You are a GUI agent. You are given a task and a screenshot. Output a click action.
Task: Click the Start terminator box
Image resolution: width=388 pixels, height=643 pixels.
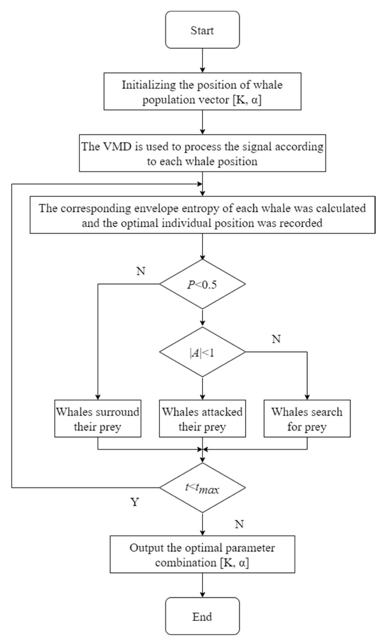pyautogui.click(x=202, y=30)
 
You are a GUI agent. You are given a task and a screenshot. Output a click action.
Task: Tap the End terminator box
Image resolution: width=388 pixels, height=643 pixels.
pyautogui.click(x=202, y=616)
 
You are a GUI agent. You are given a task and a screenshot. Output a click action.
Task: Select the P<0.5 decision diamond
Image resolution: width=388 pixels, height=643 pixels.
pyautogui.click(x=202, y=284)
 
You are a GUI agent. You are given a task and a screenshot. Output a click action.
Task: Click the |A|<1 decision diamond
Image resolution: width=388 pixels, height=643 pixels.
pyautogui.click(x=202, y=352)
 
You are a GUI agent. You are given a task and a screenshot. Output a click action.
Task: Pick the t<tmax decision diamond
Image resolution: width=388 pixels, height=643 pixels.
pyautogui.click(x=202, y=488)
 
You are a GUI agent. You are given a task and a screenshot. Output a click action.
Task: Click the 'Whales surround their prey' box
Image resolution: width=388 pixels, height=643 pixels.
pyautogui.click(x=98, y=419)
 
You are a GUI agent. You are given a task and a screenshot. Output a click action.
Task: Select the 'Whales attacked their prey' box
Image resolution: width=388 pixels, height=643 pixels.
pyautogui.click(x=202, y=419)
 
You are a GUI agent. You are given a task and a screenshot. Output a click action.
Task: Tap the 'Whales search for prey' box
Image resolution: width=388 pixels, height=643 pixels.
pyautogui.click(x=307, y=419)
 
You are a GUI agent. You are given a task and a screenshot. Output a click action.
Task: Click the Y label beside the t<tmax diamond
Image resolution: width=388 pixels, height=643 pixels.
pyautogui.click(x=135, y=502)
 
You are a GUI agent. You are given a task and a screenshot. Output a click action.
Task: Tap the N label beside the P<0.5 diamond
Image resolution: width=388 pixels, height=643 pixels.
pyautogui.click(x=141, y=271)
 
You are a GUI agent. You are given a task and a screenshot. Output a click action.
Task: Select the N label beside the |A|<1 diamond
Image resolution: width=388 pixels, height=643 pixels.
pyautogui.click(x=276, y=339)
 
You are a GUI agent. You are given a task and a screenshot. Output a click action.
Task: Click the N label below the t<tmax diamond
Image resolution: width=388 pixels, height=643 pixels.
pyautogui.click(x=239, y=525)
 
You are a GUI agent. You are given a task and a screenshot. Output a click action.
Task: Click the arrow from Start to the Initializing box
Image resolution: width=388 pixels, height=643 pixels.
pyautogui.click(x=202, y=60)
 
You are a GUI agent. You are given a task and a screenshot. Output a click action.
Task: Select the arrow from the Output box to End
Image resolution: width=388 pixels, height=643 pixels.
pyautogui.click(x=202, y=585)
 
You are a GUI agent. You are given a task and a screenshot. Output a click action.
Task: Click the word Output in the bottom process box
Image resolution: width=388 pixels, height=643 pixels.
pyautogui.click(x=147, y=548)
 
